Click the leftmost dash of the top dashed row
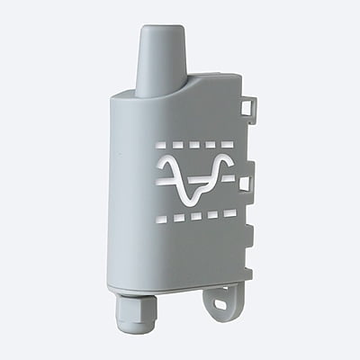[162, 143]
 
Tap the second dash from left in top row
[178, 143]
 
